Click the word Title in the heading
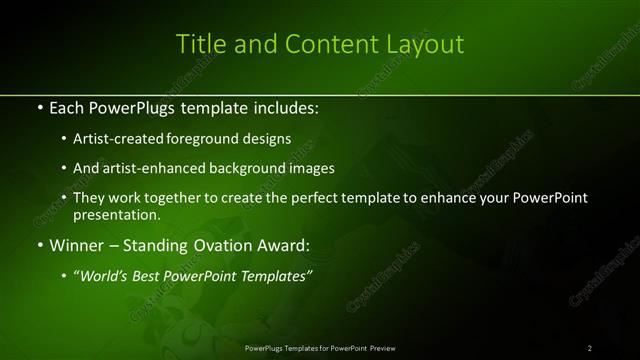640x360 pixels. (x=199, y=44)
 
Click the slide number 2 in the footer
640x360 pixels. (x=590, y=348)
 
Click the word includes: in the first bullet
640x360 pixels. (x=286, y=107)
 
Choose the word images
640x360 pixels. (x=311, y=168)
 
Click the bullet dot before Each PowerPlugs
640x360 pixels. (x=39, y=107)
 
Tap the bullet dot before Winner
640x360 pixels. (x=39, y=244)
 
